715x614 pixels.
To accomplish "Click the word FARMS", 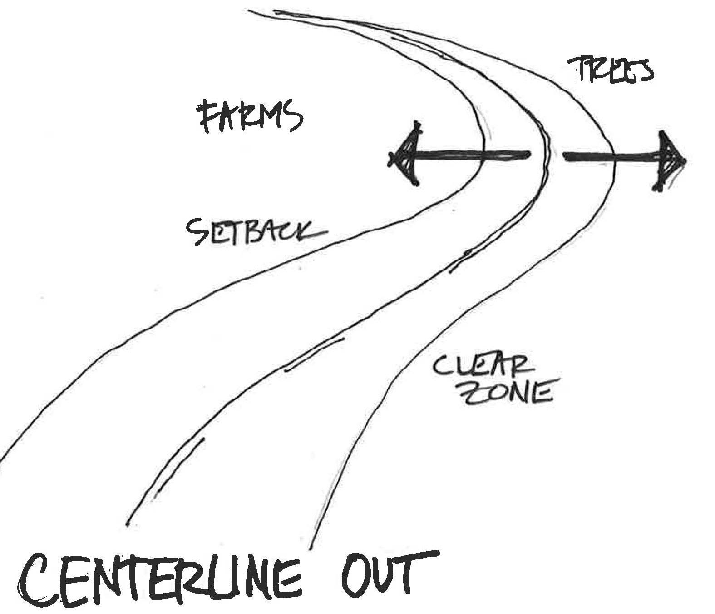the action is point(249,116).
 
